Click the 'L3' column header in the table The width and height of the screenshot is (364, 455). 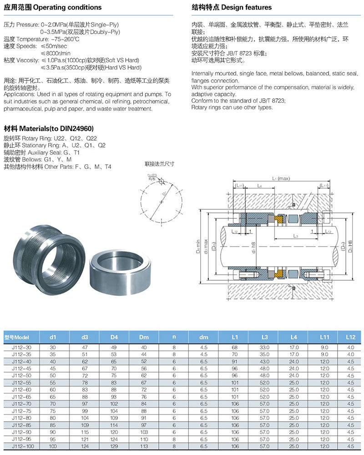264,337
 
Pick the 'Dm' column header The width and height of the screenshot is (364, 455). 144,337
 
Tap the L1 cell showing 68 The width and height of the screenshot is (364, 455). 235,347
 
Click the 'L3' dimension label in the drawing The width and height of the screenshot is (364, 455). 295,236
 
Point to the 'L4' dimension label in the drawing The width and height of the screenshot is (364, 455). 259,186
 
